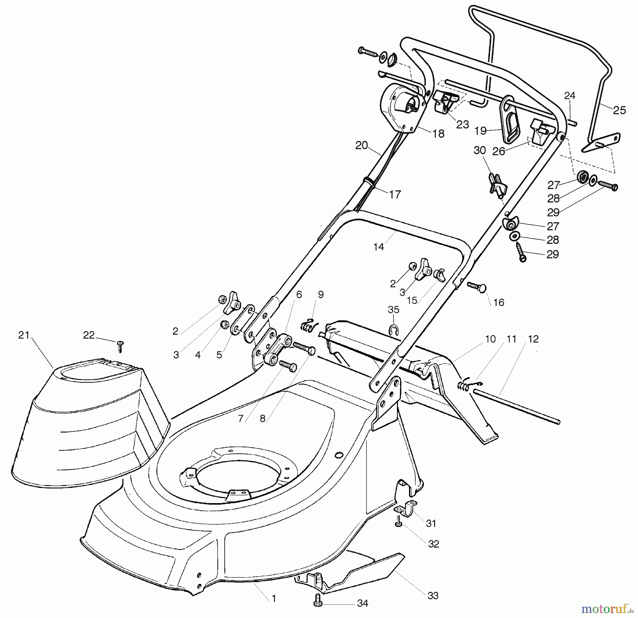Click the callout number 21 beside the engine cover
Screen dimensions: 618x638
tap(23, 335)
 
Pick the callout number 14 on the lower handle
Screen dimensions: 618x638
tap(379, 247)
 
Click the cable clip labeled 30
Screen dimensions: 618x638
tap(498, 184)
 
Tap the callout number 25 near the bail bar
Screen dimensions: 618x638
tap(619, 110)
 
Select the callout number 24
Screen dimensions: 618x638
tap(570, 95)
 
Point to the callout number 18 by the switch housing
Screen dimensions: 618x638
tap(438, 134)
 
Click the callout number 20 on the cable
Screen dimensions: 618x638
tap(362, 145)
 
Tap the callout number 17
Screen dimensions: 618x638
tap(394, 194)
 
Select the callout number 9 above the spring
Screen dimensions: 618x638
tap(320, 294)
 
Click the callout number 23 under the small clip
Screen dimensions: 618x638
tap(462, 124)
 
